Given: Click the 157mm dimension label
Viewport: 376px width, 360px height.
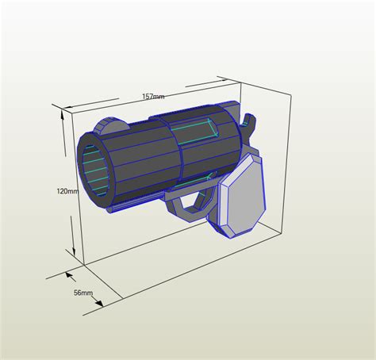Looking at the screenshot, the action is click(153, 97).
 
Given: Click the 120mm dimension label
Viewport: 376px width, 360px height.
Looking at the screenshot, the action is click(67, 191).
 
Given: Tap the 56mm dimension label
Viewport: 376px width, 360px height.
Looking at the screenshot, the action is click(83, 293).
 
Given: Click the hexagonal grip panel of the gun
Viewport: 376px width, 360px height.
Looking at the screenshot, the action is click(243, 196).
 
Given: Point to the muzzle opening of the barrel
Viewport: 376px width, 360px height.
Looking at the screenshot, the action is click(94, 170).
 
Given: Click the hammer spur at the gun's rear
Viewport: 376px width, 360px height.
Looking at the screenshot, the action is click(250, 122).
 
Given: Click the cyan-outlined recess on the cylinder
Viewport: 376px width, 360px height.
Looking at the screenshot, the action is click(198, 131).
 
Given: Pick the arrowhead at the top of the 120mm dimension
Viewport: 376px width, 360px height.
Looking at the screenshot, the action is click(63, 113).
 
